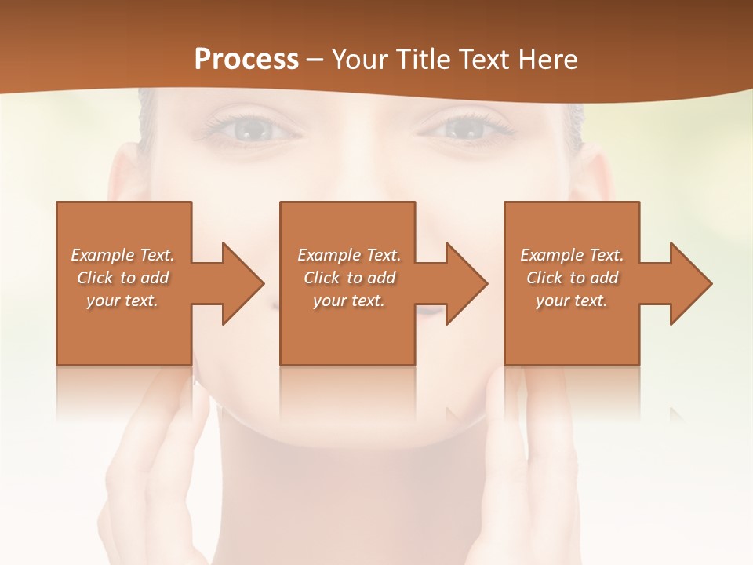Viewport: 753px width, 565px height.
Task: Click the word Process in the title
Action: click(x=246, y=59)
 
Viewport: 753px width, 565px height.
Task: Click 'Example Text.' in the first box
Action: click(x=122, y=255)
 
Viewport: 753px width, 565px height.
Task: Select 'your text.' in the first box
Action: click(x=122, y=301)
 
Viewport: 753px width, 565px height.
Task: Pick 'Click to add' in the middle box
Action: click(x=349, y=278)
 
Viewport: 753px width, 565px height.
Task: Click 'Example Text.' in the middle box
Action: click(x=349, y=255)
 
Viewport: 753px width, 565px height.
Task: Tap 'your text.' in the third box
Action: click(x=572, y=301)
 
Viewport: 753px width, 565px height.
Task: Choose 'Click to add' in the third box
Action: click(x=572, y=278)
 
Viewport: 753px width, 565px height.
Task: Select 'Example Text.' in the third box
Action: click(x=572, y=255)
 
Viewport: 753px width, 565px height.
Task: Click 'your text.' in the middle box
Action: click(x=349, y=301)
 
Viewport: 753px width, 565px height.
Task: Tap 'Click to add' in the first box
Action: click(x=122, y=278)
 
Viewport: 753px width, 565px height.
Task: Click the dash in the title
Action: click(x=315, y=60)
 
